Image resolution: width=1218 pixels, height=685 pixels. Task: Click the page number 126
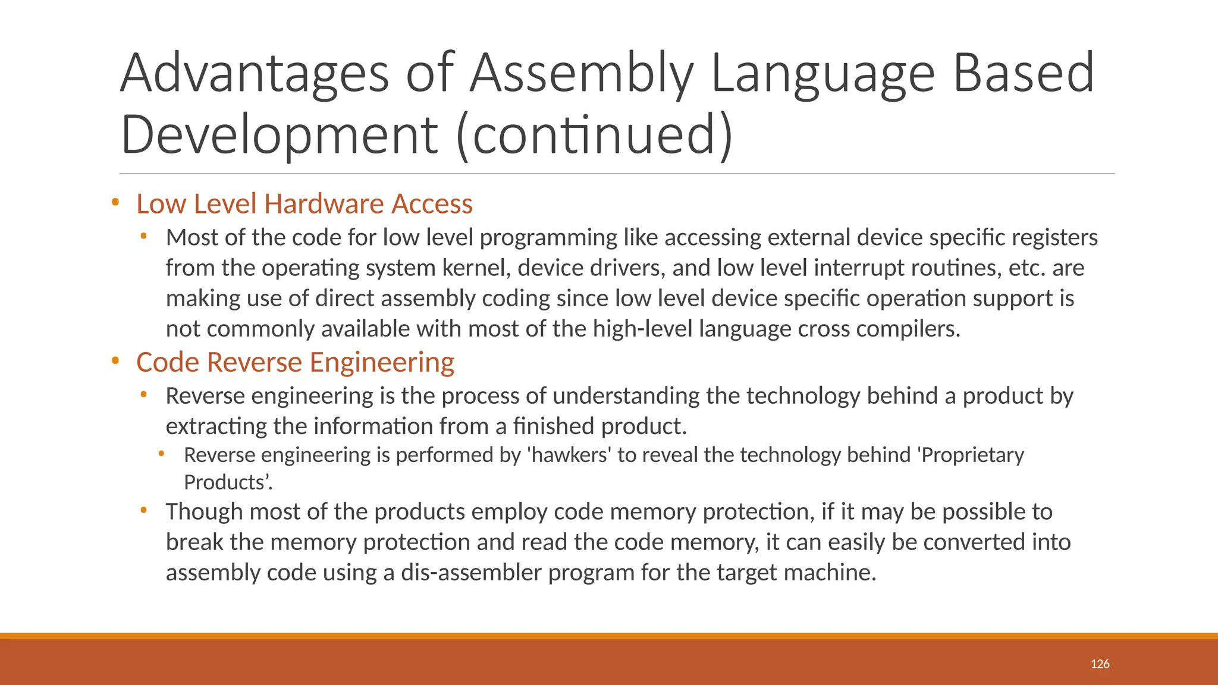pyautogui.click(x=1100, y=664)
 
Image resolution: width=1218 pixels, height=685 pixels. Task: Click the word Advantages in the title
pyautogui.click(x=255, y=74)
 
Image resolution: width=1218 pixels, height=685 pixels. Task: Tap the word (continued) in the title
pyautogui.click(x=595, y=134)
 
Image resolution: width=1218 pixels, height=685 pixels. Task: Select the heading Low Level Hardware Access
pyautogui.click(x=304, y=204)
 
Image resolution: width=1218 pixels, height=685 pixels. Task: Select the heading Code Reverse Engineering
pyautogui.click(x=295, y=363)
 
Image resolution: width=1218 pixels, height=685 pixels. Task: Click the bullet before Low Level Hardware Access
pyautogui.click(x=115, y=203)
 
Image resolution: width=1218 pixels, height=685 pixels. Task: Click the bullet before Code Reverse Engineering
pyautogui.click(x=115, y=362)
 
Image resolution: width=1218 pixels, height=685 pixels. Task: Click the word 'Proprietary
pyautogui.click(x=971, y=455)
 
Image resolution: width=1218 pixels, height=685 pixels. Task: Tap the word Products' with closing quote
pyautogui.click(x=228, y=482)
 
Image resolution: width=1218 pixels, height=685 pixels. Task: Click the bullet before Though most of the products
pyautogui.click(x=143, y=511)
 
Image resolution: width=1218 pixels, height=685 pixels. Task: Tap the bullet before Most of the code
pyautogui.click(x=143, y=237)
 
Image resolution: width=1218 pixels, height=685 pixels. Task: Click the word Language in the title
pyautogui.click(x=823, y=74)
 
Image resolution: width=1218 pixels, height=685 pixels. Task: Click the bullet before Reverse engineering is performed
pyautogui.click(x=161, y=455)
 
